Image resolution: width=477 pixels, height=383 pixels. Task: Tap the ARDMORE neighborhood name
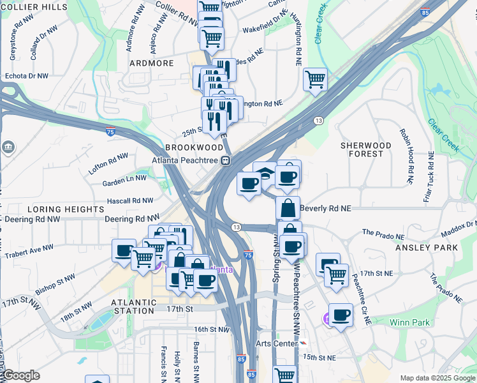point(151,63)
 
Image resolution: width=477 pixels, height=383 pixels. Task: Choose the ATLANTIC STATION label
point(133,306)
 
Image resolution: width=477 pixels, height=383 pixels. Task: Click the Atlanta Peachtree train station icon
point(225,161)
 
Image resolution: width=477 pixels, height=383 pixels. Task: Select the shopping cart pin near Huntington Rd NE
point(315,80)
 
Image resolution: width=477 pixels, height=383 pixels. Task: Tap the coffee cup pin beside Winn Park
point(341,315)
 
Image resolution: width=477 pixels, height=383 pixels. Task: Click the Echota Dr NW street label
point(26,75)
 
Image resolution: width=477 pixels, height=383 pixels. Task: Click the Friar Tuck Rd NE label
point(429,177)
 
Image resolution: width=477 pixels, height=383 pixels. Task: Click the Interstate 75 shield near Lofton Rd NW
point(110,132)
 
